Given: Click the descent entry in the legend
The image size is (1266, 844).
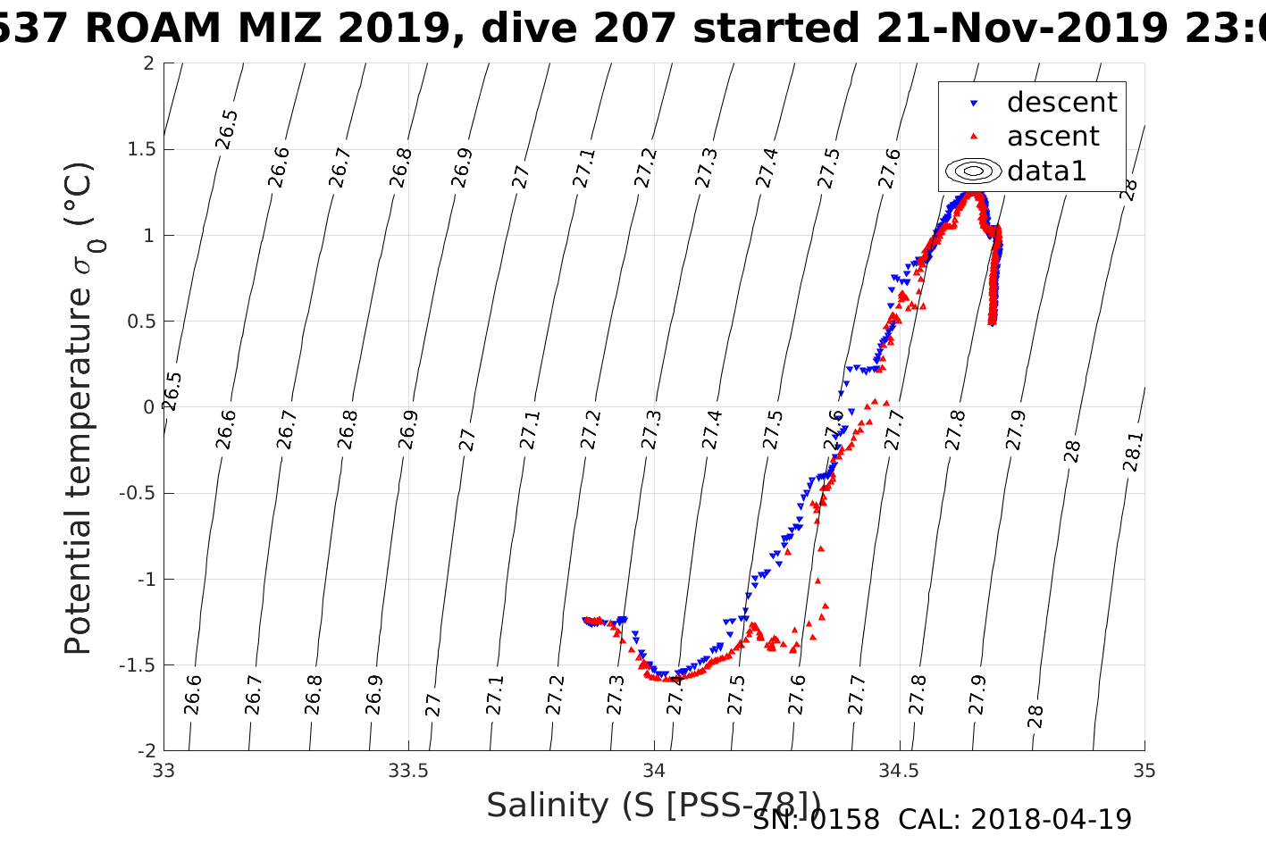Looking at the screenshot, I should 1061,103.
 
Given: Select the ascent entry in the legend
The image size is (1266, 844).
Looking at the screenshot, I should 1052,137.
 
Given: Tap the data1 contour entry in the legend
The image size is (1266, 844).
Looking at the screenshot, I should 1046,171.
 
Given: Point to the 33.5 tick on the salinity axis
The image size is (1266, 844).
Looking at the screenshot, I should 408,771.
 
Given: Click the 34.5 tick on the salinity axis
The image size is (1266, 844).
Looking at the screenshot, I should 899,771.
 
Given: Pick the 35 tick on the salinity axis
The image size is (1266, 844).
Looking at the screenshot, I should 1144,771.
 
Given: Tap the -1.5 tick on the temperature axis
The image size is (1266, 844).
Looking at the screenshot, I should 136,665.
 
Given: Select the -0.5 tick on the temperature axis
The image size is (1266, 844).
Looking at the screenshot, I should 136,493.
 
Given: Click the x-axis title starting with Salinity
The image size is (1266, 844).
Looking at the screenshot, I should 652,806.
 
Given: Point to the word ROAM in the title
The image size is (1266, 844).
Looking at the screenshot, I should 152,29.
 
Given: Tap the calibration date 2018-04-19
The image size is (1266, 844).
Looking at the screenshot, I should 1051,820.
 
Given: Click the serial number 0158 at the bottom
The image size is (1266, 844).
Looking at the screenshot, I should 844,820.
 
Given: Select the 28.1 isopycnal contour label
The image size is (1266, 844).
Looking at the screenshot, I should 1132,452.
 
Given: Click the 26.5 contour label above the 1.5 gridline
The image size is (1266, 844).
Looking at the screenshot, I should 227,129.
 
